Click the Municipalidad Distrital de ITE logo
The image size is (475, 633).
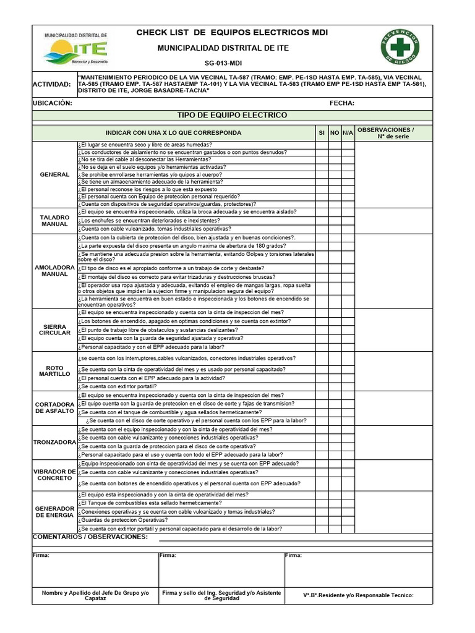(x=76, y=49)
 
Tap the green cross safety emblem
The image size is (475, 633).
(x=400, y=48)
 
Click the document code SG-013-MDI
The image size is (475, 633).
(x=223, y=63)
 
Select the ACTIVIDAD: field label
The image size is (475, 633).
(x=54, y=84)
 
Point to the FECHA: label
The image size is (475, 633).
(x=342, y=103)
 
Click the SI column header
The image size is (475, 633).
(x=321, y=133)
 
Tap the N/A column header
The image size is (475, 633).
(x=348, y=133)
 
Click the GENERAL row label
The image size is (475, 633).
(x=54, y=174)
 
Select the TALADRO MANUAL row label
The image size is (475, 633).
(x=54, y=221)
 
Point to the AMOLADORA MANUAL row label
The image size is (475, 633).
(x=54, y=271)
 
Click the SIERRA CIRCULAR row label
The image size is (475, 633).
(x=54, y=329)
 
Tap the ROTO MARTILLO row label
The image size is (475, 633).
(x=54, y=371)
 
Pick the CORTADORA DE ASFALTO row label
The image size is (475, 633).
(x=54, y=407)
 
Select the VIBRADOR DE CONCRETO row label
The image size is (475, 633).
(x=54, y=475)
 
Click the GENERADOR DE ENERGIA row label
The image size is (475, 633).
(x=54, y=512)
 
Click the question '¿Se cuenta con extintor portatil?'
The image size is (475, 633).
(x=118, y=386)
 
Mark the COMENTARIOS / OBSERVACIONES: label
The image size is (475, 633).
(x=90, y=537)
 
